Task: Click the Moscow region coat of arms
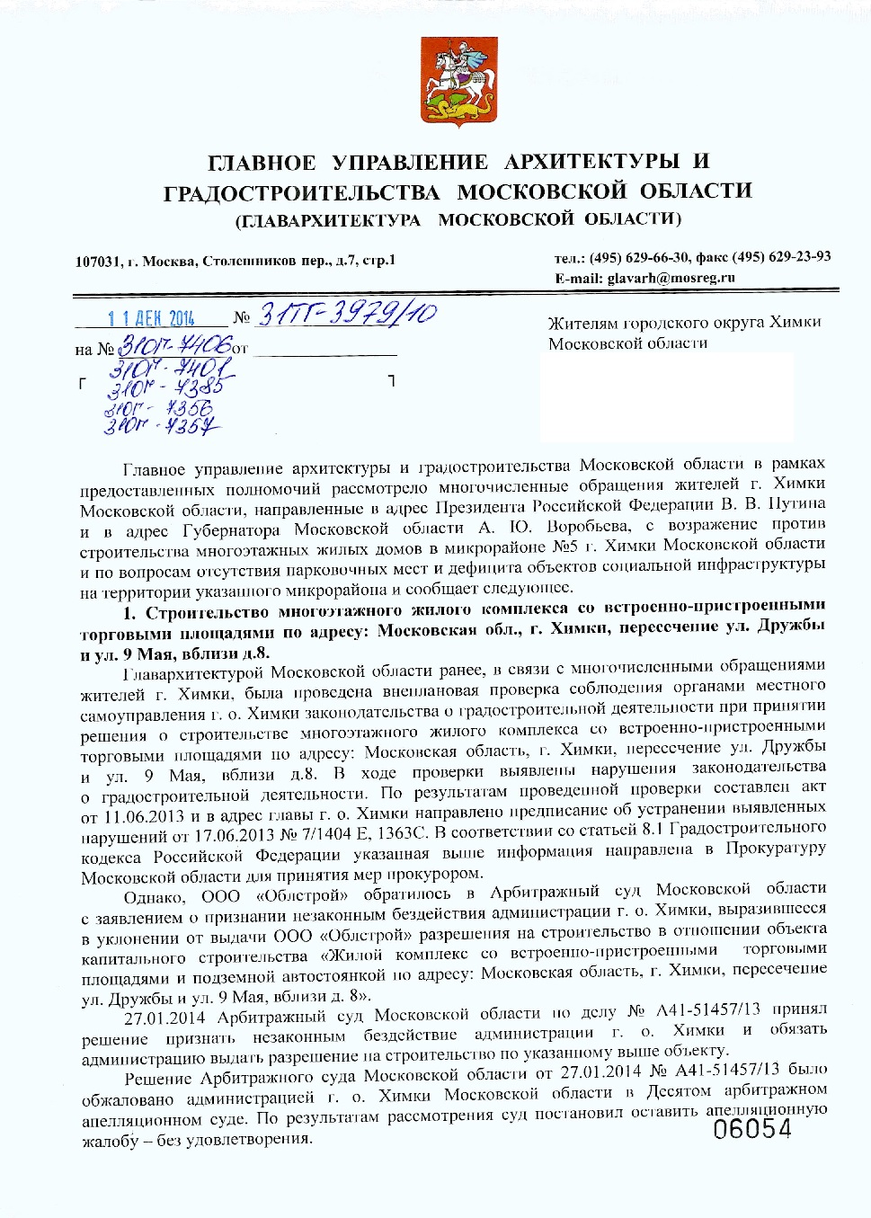click(x=448, y=81)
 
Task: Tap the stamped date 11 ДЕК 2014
click(x=150, y=318)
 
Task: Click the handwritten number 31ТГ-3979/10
click(x=347, y=313)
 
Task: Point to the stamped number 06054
click(x=752, y=1129)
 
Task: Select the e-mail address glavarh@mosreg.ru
click(x=671, y=278)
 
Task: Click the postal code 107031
click(x=97, y=262)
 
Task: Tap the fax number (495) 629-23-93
click(x=781, y=257)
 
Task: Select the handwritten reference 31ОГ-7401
click(x=171, y=369)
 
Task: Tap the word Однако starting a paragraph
click(x=154, y=897)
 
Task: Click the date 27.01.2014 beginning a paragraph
click(x=164, y=1018)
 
